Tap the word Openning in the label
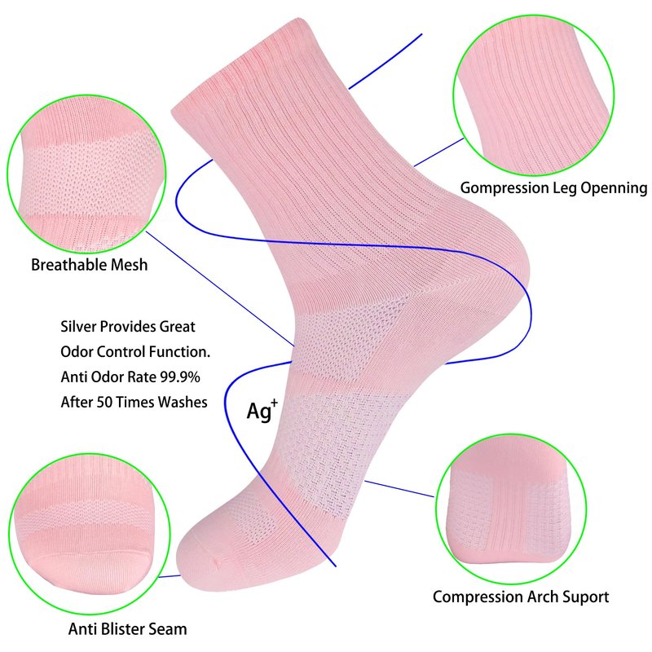(x=614, y=188)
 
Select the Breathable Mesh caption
(x=90, y=265)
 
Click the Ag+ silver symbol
(x=262, y=411)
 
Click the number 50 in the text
(x=105, y=402)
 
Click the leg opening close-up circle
(x=534, y=95)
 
